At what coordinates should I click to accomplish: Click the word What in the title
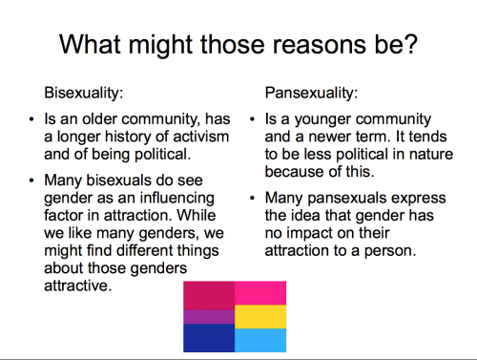click(x=90, y=44)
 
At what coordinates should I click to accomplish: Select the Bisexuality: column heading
click(x=84, y=93)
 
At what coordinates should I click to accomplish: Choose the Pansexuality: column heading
click(x=312, y=93)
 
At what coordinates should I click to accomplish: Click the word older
click(x=100, y=119)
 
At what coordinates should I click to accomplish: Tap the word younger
click(x=322, y=120)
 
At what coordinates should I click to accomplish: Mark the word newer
click(x=330, y=138)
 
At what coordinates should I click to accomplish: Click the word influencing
click(x=177, y=199)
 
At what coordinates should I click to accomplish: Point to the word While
click(x=197, y=215)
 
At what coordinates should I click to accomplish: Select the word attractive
click(x=78, y=286)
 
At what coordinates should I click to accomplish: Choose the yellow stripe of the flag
click(x=260, y=317)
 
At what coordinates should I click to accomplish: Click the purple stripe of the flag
click(x=209, y=317)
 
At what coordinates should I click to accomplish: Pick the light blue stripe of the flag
click(x=260, y=340)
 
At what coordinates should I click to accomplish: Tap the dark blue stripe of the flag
click(x=209, y=338)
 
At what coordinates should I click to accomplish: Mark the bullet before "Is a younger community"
click(x=253, y=119)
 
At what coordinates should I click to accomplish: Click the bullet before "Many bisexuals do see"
click(x=31, y=180)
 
